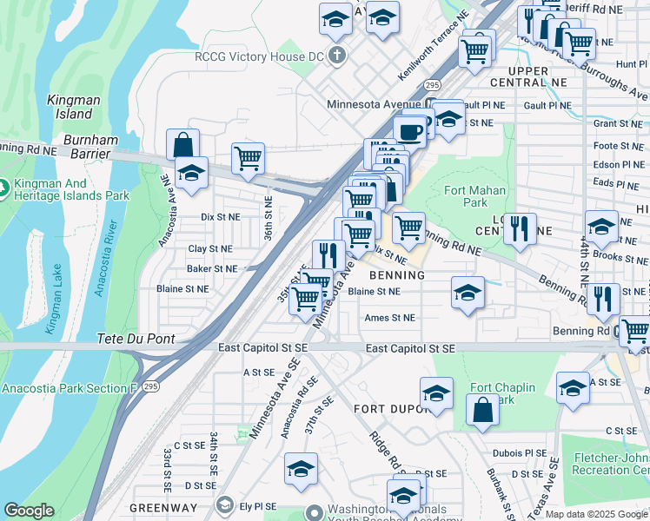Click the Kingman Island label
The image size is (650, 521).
[70, 107]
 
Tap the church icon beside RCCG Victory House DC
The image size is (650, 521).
[339, 57]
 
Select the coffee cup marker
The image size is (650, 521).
[409, 131]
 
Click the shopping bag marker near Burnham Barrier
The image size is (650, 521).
[183, 144]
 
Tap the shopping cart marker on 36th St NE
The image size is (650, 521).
[249, 159]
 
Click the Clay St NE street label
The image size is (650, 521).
[209, 248]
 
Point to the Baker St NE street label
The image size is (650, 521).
[212, 269]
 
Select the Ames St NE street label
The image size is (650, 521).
[390, 318]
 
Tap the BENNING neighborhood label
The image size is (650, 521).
[396, 275]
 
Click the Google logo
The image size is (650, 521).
[29, 511]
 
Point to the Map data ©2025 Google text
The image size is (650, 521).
[594, 514]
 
